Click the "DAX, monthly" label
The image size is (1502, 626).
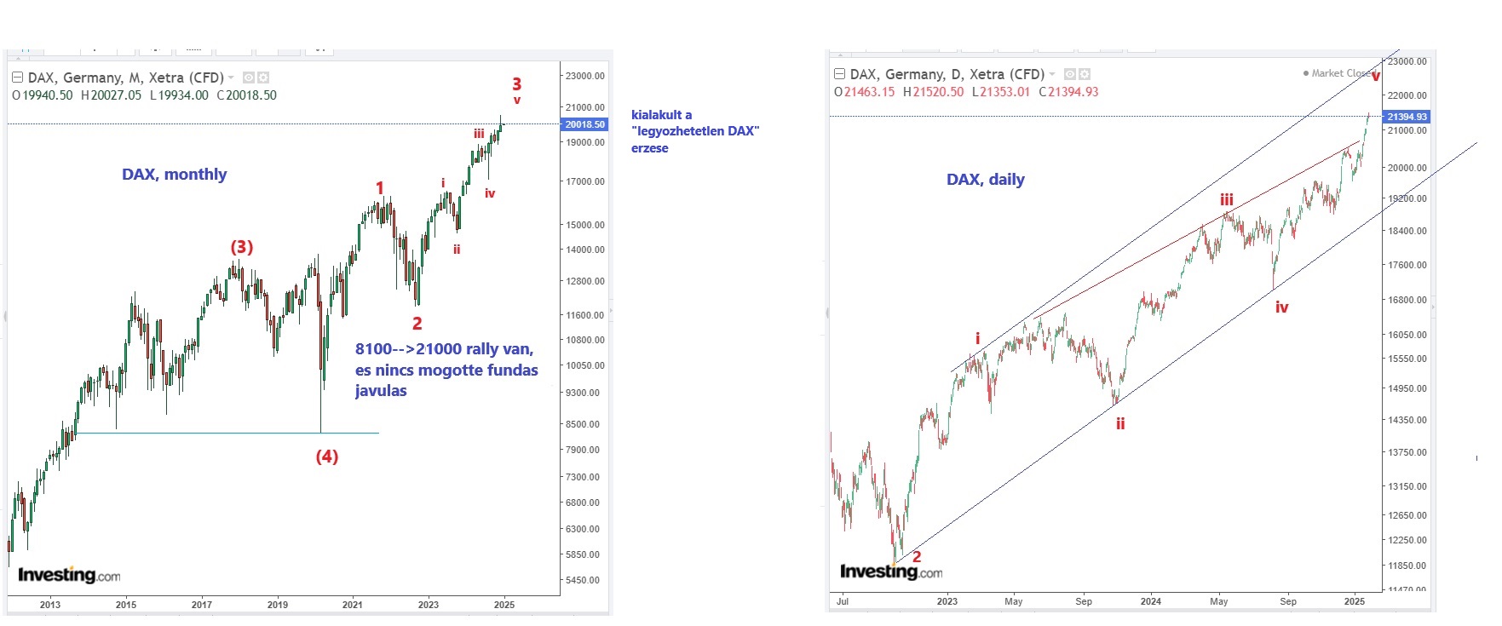pos(174,175)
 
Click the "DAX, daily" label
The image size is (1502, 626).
pos(985,180)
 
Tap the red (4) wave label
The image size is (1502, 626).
pos(327,457)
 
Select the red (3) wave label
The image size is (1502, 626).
pos(242,247)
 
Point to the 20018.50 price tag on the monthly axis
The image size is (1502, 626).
pos(584,124)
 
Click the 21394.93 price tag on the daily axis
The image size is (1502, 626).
pos(1407,117)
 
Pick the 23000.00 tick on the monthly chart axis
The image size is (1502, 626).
pos(584,76)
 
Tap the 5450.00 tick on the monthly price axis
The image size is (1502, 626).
pos(583,580)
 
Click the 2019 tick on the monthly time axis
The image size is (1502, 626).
pos(278,605)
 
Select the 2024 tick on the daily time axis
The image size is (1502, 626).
pos(1151,601)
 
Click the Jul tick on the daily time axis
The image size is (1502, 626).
pos(843,601)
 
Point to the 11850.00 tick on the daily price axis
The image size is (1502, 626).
pos(1407,566)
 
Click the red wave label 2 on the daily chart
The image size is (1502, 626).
pos(917,557)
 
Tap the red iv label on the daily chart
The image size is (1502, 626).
pos(1281,307)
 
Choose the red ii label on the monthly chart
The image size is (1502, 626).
pos(457,250)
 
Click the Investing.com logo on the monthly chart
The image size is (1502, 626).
pos(69,575)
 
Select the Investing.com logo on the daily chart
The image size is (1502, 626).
pos(891,571)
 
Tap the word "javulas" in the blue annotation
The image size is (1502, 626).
pos(381,391)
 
